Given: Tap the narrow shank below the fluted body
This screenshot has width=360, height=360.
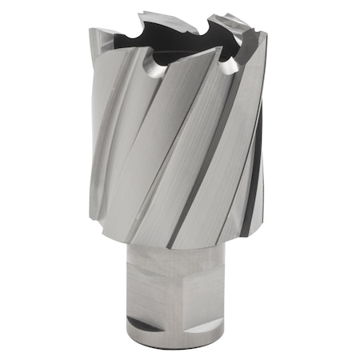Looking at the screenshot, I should (180, 288).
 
